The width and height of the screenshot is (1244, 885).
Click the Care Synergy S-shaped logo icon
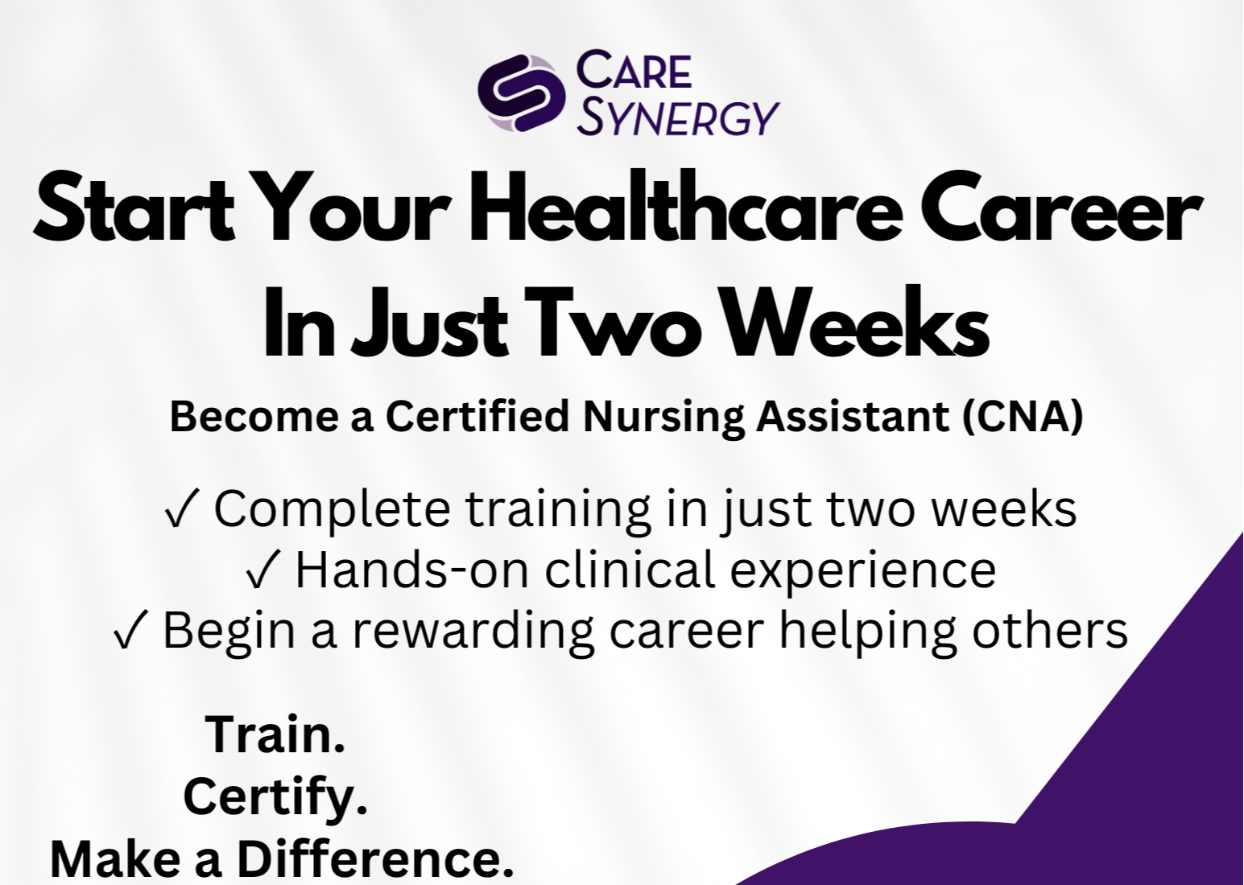(522, 93)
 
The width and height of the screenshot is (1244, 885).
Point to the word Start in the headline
(134, 208)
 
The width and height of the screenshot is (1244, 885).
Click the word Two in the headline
(611, 323)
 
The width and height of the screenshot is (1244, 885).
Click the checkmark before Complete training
(179, 509)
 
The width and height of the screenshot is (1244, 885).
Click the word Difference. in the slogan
(375, 858)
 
